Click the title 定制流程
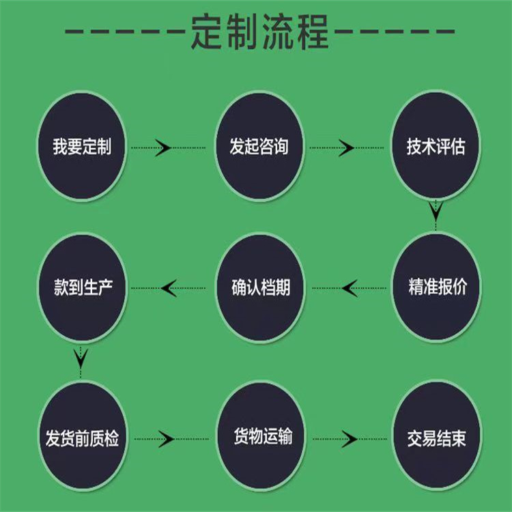[259, 31]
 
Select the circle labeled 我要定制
[82, 146]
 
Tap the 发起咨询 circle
[259, 146]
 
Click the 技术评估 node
[436, 145]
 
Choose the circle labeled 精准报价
[437, 287]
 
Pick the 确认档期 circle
[261, 287]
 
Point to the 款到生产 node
[83, 287]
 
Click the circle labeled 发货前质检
[83, 436]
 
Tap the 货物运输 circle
[262, 436]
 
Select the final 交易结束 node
[437, 436]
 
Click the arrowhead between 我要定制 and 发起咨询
[163, 148]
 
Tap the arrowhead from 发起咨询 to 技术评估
[346, 148]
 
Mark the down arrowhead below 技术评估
[436, 210]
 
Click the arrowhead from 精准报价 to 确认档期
[350, 288]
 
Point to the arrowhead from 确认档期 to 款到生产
[169, 288]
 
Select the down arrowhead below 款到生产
[81, 358]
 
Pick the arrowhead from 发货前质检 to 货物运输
[166, 439]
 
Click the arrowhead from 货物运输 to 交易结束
[350, 439]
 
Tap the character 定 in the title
[208, 31]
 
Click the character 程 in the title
[313, 31]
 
